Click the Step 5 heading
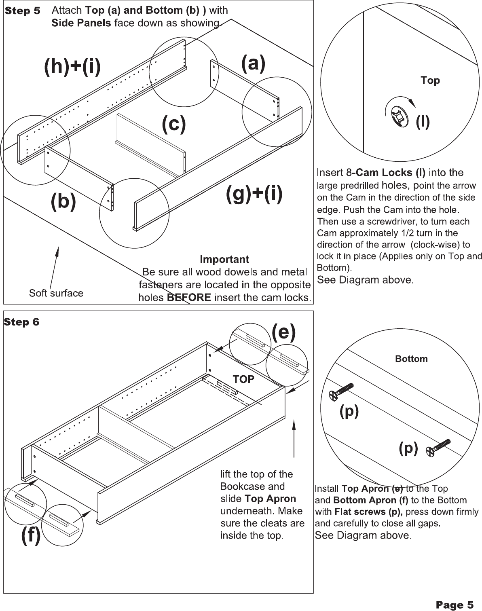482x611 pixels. click(22, 11)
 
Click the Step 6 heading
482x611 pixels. click(21, 322)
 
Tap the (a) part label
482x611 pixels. click(253, 63)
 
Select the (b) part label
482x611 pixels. click(63, 201)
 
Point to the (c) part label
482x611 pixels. click(173, 124)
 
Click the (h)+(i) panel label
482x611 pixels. click(72, 66)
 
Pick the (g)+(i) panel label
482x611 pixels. click(254, 194)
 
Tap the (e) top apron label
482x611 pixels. click(283, 332)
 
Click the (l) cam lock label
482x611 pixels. click(423, 122)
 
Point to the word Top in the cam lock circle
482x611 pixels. click(430, 80)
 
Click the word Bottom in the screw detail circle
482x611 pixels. click(411, 359)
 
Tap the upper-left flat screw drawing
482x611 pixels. click(341, 391)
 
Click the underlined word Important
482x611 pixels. click(224, 259)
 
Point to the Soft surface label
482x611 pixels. click(56, 293)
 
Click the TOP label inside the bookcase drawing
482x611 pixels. click(243, 379)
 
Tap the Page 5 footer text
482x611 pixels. click(454, 605)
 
